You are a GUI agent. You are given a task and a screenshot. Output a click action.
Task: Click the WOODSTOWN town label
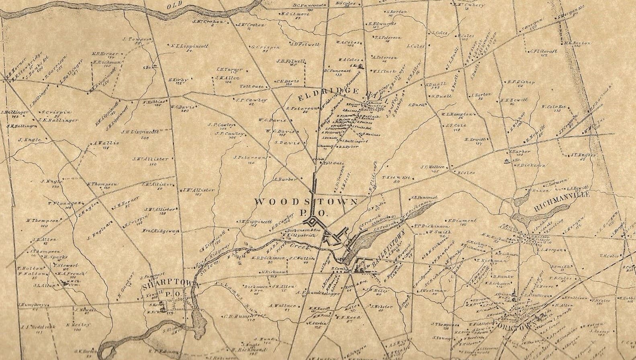[306, 202]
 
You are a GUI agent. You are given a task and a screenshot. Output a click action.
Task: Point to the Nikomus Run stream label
[219, 294]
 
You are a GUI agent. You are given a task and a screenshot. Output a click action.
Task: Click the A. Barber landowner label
[284, 179]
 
